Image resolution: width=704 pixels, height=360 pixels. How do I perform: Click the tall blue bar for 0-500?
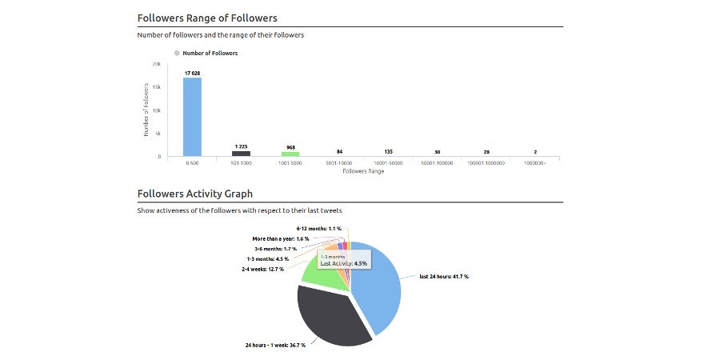192,117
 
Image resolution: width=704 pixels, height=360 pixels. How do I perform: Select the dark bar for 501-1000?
241,153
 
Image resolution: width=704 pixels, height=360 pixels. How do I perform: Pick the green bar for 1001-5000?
290,154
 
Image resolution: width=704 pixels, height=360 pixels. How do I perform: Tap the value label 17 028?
192,73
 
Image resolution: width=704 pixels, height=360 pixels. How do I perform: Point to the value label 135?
388,151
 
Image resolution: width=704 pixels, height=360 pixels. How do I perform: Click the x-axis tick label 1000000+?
535,163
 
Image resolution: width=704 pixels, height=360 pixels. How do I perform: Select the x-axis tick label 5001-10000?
339,163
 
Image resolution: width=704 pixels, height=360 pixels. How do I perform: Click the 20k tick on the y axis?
157,63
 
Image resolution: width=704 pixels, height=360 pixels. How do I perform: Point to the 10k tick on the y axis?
157,110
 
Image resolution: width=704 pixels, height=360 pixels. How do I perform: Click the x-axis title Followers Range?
362,171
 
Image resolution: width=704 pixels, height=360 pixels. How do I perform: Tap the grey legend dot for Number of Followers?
177,53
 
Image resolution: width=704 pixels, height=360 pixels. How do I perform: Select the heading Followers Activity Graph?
194,194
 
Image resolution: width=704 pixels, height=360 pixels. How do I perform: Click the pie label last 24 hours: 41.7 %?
444,277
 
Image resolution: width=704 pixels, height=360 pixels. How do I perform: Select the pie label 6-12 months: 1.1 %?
318,229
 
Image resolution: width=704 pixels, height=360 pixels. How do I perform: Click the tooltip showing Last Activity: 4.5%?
343,260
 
